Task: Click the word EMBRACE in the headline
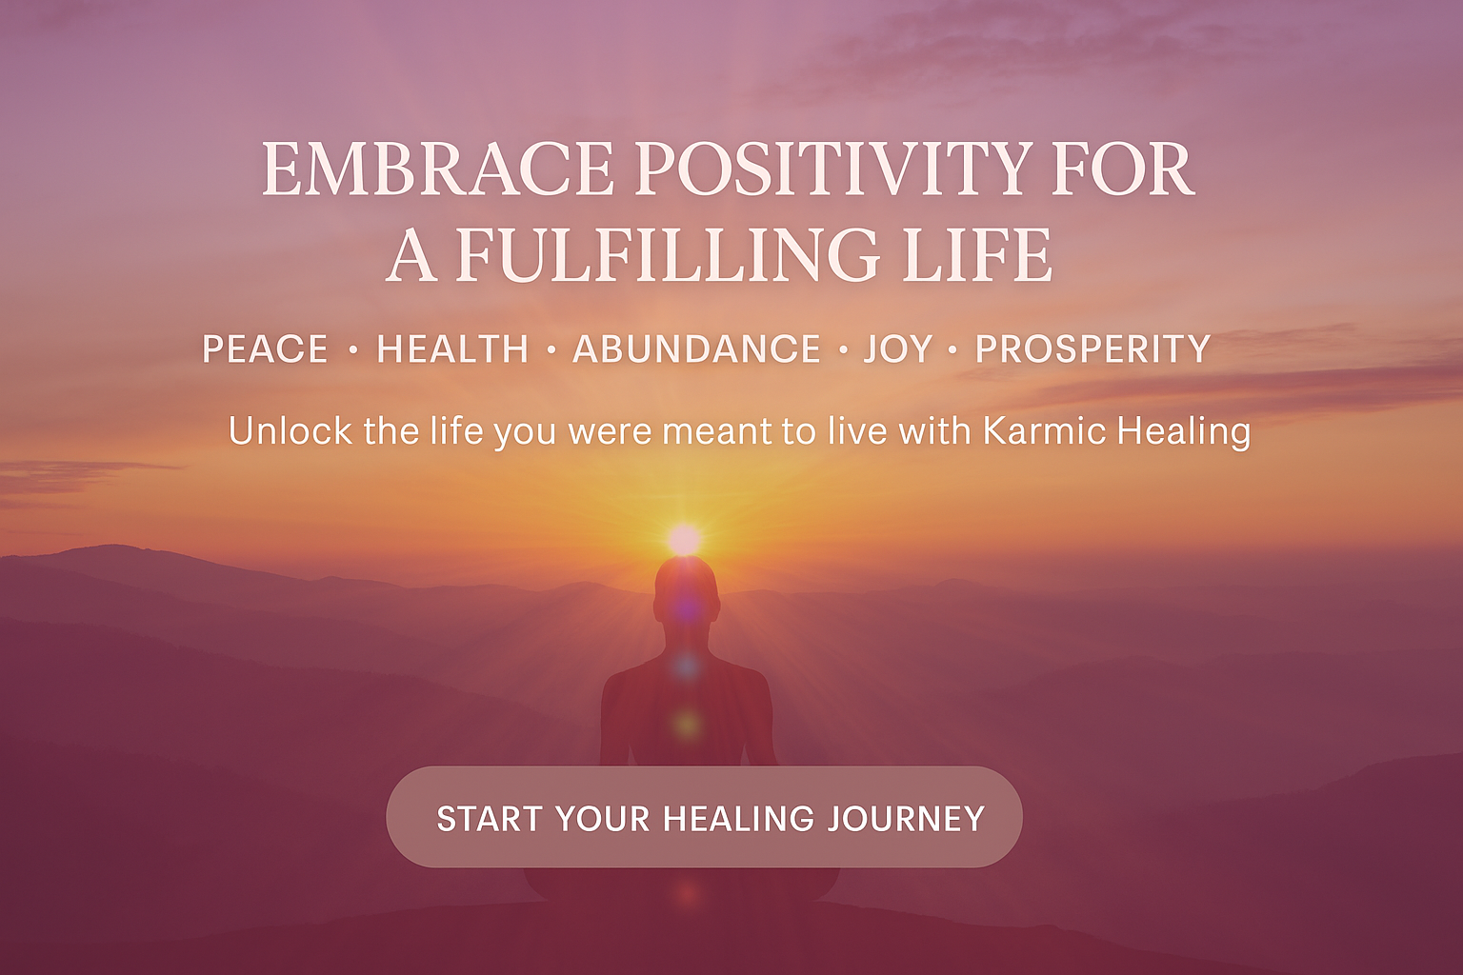[x=437, y=169]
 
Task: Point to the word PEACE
[x=265, y=348]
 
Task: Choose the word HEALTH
[x=452, y=348]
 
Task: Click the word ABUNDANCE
[x=696, y=348]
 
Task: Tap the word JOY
[x=897, y=348]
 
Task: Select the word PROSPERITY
[x=1093, y=348]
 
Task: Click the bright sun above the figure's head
[x=685, y=540]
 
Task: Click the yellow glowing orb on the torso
[x=687, y=724]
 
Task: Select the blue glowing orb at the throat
[x=687, y=667]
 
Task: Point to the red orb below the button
[x=687, y=893]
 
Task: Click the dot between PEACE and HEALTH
[x=353, y=350]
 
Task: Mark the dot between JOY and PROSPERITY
[x=952, y=350]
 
